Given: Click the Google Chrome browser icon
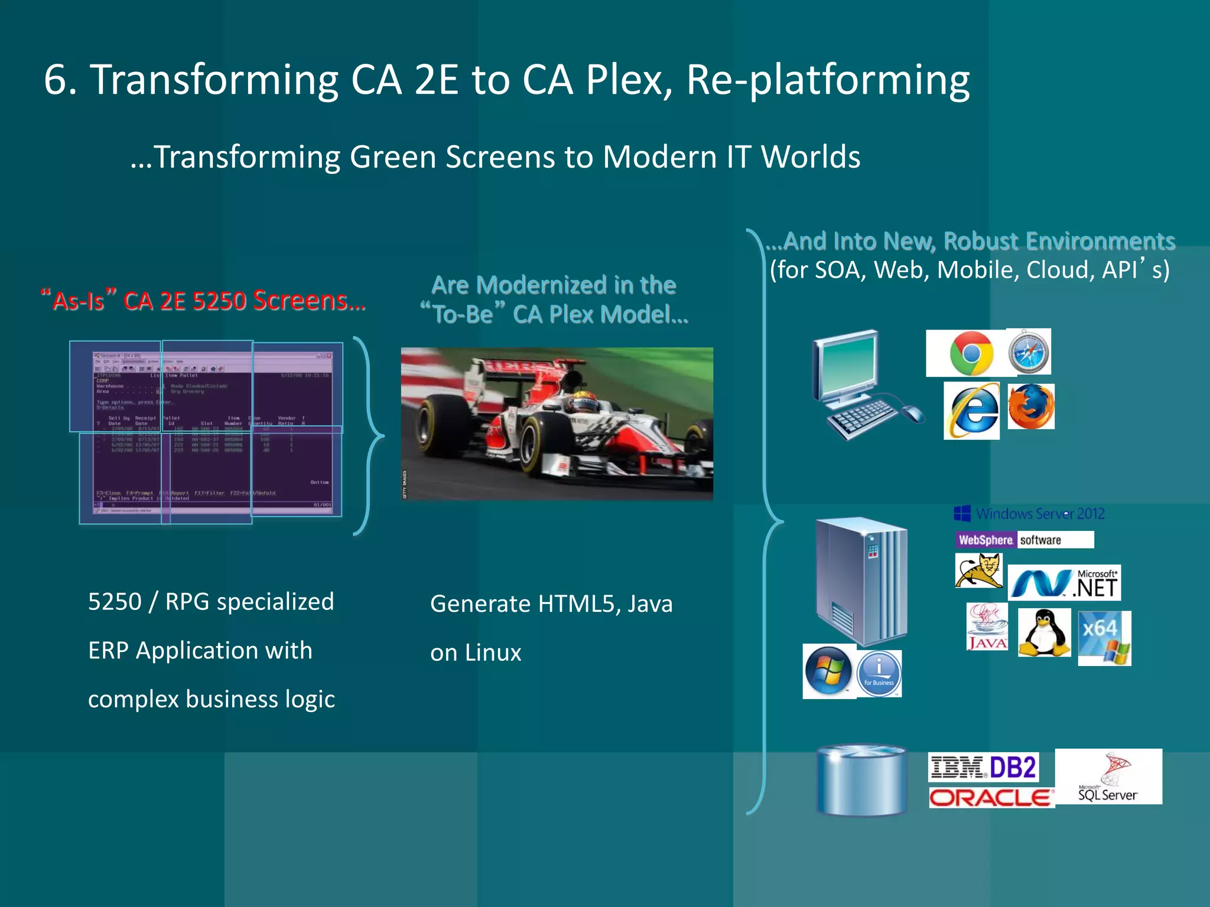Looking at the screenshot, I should point(971,353).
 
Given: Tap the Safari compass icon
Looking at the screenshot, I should point(1029,352).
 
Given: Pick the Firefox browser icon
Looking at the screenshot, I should point(1031,407).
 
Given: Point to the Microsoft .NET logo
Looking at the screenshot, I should point(1064,583).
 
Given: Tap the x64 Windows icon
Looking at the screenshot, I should point(1104,638).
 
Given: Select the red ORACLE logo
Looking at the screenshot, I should point(991,798).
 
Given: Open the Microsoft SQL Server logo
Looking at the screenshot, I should point(1108,777).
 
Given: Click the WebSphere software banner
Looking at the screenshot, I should point(1024,540).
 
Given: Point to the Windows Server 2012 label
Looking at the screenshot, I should point(1029,514).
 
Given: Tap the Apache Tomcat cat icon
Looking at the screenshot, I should point(978,571).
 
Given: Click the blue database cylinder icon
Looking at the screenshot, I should point(861,780).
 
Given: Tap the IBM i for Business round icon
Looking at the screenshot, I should point(879,673).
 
